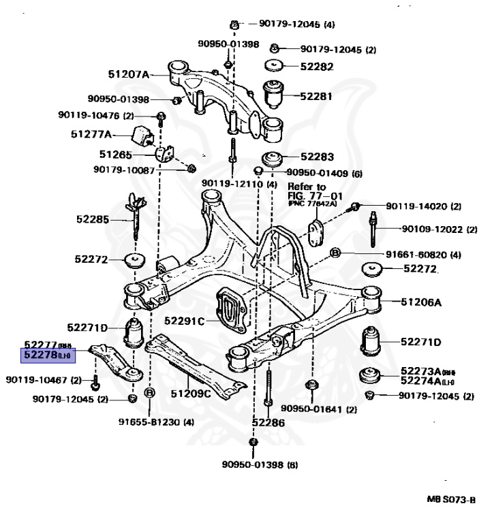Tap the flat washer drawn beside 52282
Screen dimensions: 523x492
tap(275, 67)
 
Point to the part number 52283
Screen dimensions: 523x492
tap(316, 156)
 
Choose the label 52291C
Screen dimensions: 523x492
tap(184, 319)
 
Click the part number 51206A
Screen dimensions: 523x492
tap(422, 301)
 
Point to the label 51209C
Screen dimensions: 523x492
tap(191, 393)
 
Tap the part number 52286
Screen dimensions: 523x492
tap(268, 422)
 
